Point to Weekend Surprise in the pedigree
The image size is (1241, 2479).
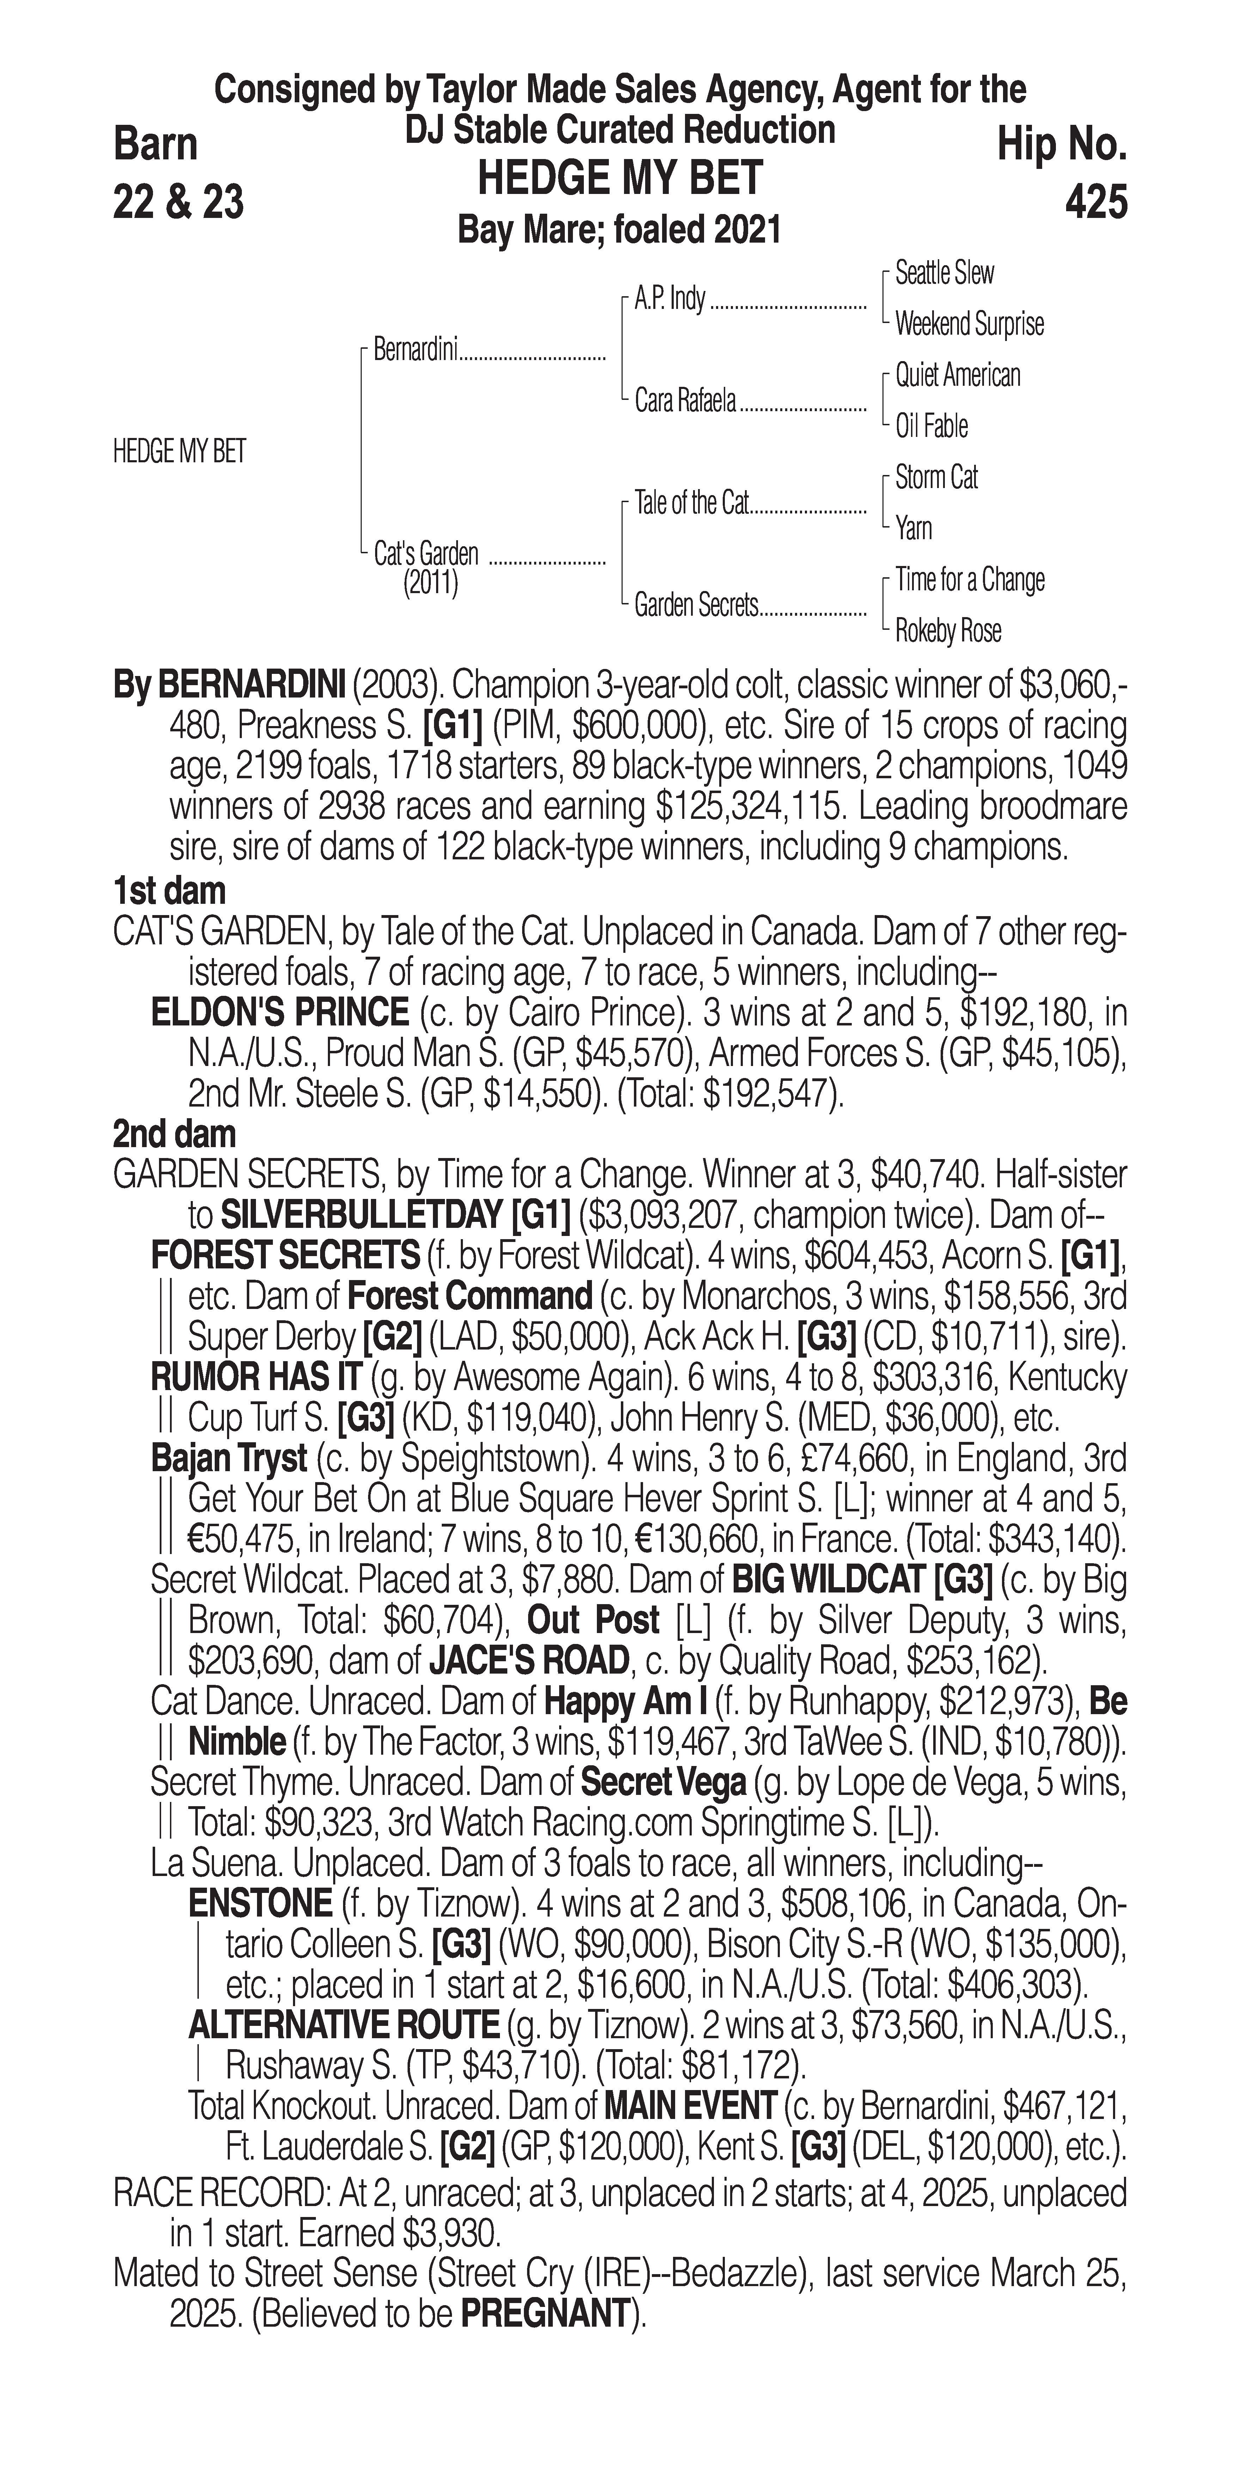[969, 324]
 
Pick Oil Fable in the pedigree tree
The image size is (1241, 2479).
[931, 426]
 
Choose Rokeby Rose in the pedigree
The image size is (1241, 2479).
[948, 631]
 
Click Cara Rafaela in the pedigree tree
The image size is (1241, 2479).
[685, 400]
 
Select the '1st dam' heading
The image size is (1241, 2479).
[169, 891]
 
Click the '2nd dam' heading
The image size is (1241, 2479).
[174, 1135]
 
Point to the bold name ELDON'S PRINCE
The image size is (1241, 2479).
[280, 1013]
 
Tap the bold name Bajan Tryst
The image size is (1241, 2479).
[229, 1459]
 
